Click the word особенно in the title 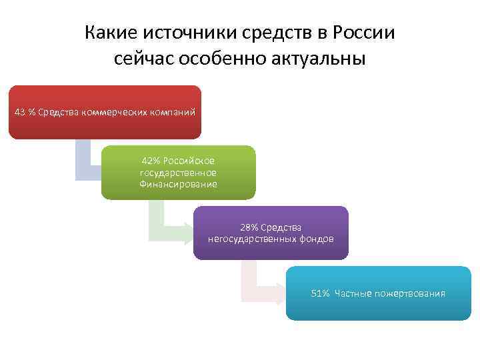(217, 59)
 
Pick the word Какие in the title (109, 33)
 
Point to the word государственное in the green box (178, 173)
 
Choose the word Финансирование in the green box (178, 184)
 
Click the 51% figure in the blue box (320, 293)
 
